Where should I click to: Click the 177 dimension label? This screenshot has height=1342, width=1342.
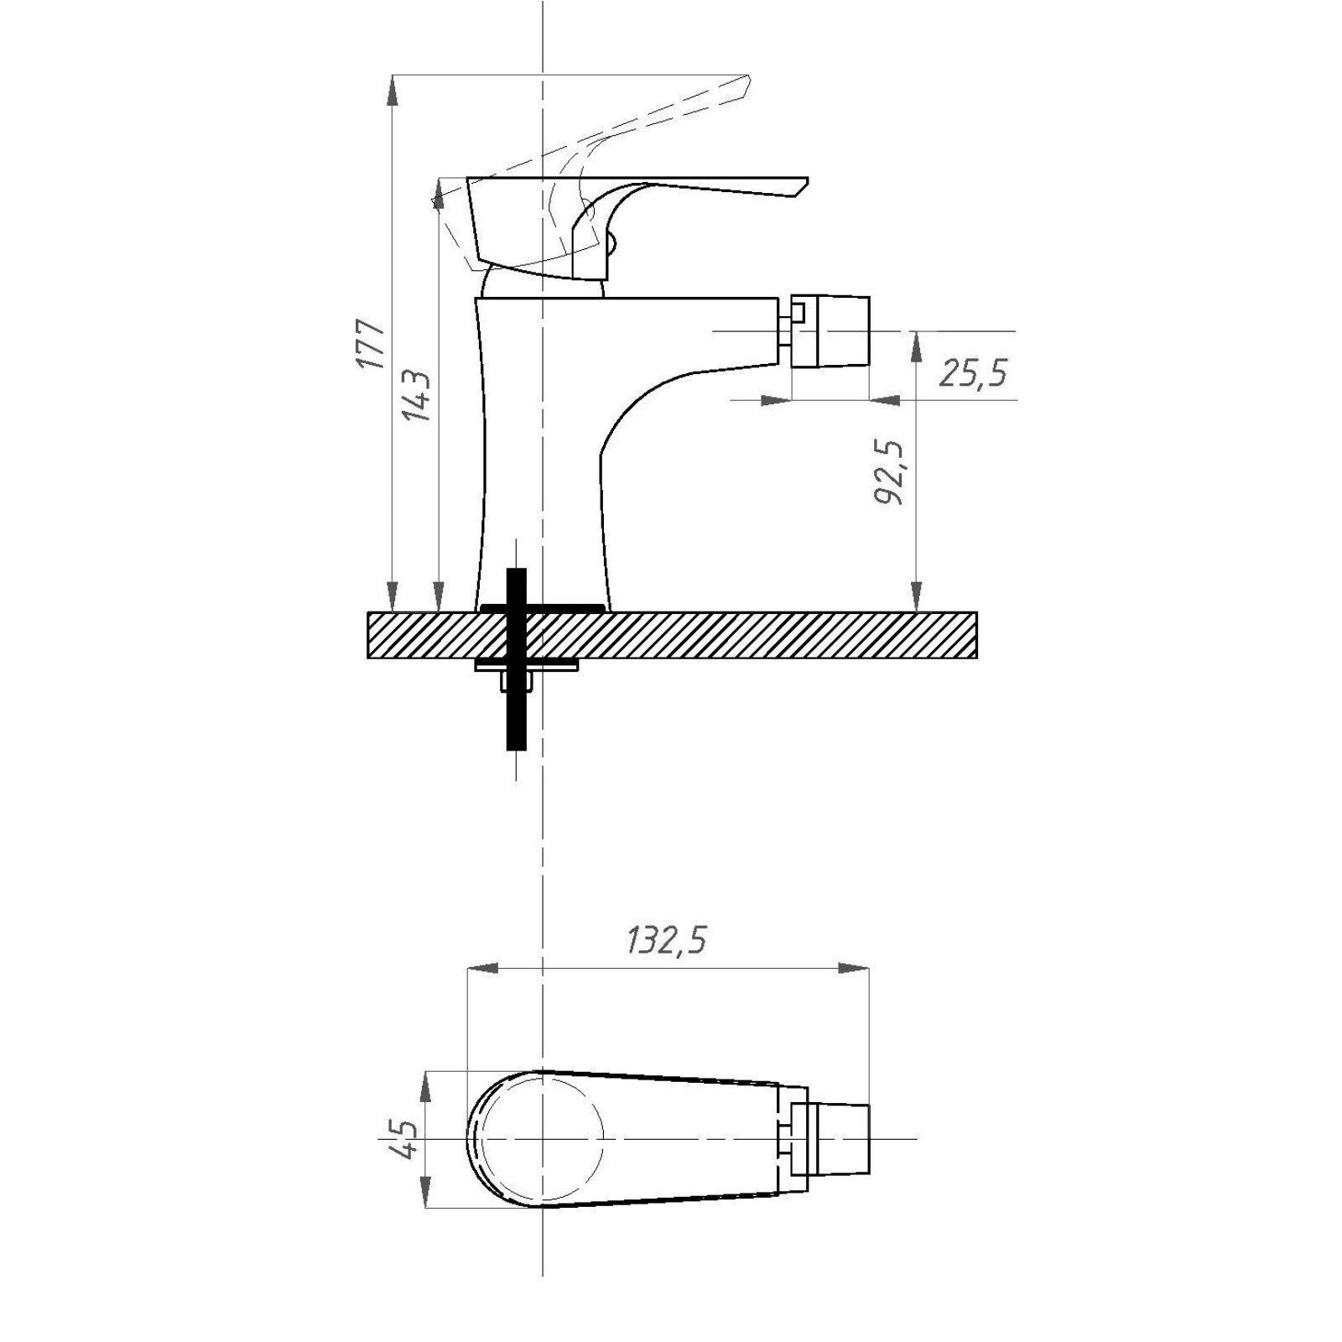coord(370,344)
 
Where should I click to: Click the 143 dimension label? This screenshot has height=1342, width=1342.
coord(417,396)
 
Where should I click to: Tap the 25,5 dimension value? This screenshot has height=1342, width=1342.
coord(972,373)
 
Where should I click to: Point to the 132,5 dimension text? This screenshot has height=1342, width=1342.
coord(666,941)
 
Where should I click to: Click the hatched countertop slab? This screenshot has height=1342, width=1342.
coord(672,635)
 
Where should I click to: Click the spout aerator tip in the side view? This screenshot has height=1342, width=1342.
coord(830,330)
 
